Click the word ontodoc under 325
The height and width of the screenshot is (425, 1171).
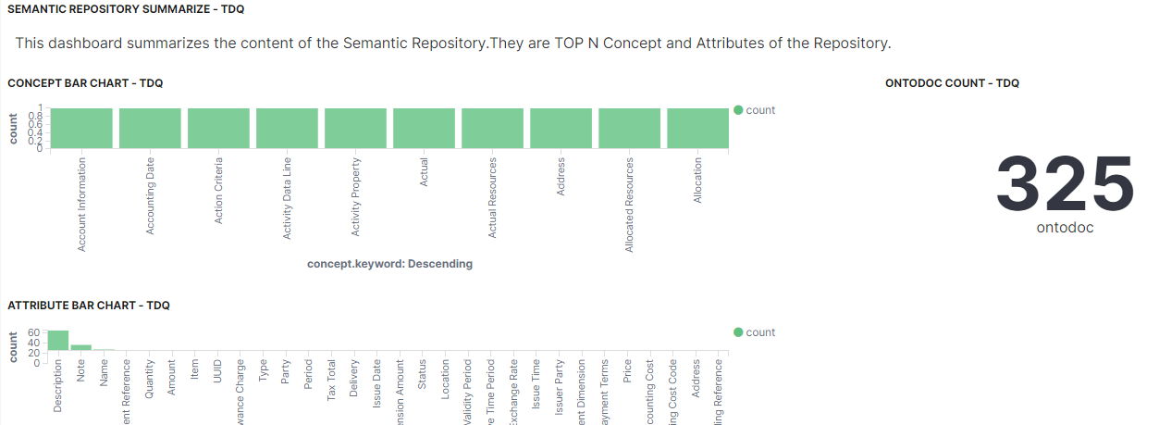[1065, 228]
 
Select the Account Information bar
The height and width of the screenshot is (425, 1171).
[82, 128]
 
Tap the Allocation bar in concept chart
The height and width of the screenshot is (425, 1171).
[697, 128]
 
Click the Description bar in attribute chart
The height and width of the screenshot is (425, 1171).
[58, 340]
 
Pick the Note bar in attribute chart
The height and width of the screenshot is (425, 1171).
[81, 346]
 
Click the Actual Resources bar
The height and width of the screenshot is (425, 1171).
[492, 128]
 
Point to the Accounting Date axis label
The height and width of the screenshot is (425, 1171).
[151, 195]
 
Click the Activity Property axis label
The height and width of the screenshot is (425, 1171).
[356, 197]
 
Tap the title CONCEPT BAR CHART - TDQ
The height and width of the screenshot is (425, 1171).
[85, 83]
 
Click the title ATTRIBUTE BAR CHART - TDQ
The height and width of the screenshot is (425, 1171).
[89, 306]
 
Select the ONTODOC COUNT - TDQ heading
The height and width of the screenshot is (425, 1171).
[952, 83]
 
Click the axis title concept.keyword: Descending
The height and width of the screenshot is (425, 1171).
[389, 264]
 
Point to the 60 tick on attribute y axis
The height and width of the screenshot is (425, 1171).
[34, 332]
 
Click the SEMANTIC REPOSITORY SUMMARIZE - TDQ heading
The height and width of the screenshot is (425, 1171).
[126, 8]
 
